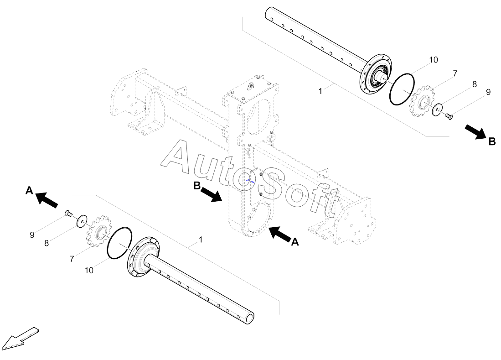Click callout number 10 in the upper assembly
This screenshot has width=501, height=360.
pyautogui.click(x=433, y=60)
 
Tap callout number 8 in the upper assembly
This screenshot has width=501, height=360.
pyautogui.click(x=474, y=84)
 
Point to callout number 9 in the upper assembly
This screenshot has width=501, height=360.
pyautogui.click(x=488, y=92)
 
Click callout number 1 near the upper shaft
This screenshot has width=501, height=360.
pyautogui.click(x=320, y=91)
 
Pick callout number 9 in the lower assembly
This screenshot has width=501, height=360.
pyautogui.click(x=32, y=235)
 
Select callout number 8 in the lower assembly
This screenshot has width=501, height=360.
pyautogui.click(x=46, y=243)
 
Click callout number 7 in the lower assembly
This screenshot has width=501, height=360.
pyautogui.click(x=72, y=259)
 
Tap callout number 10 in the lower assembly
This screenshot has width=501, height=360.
pyautogui.click(x=89, y=270)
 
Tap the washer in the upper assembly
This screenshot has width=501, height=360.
pyautogui.click(x=438, y=109)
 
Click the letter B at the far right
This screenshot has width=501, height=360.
pyautogui.click(x=492, y=141)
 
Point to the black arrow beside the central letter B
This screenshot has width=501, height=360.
pyautogui.click(x=211, y=194)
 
